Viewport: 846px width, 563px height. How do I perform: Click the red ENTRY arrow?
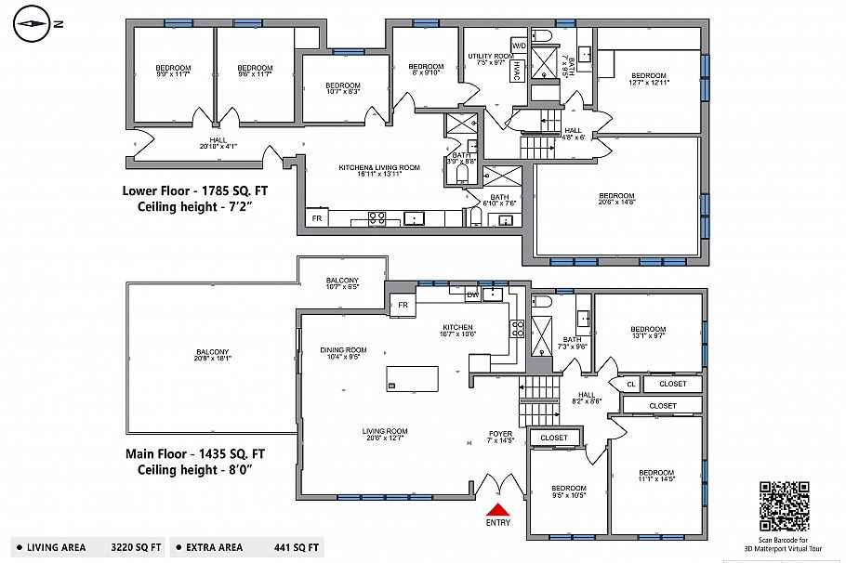pyautogui.click(x=498, y=508)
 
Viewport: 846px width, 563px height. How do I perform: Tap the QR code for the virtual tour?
pyautogui.click(x=784, y=505)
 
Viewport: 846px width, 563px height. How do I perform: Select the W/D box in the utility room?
pyautogui.click(x=518, y=45)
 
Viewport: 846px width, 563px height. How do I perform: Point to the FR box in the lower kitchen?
pyautogui.click(x=316, y=218)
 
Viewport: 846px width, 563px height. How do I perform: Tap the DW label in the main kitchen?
pyautogui.click(x=472, y=295)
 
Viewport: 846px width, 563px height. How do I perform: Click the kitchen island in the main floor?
pyautogui.click(x=412, y=378)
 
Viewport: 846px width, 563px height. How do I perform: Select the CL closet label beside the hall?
pyautogui.click(x=630, y=384)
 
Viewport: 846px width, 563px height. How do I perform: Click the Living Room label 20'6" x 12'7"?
pyautogui.click(x=385, y=435)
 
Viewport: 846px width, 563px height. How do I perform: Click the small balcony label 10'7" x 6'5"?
pyautogui.click(x=342, y=284)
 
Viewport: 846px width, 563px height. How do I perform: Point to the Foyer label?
pyautogui.click(x=500, y=438)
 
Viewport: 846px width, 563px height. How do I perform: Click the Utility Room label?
pyautogui.click(x=490, y=59)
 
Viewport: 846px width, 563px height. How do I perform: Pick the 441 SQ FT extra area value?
pyautogui.click(x=297, y=547)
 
